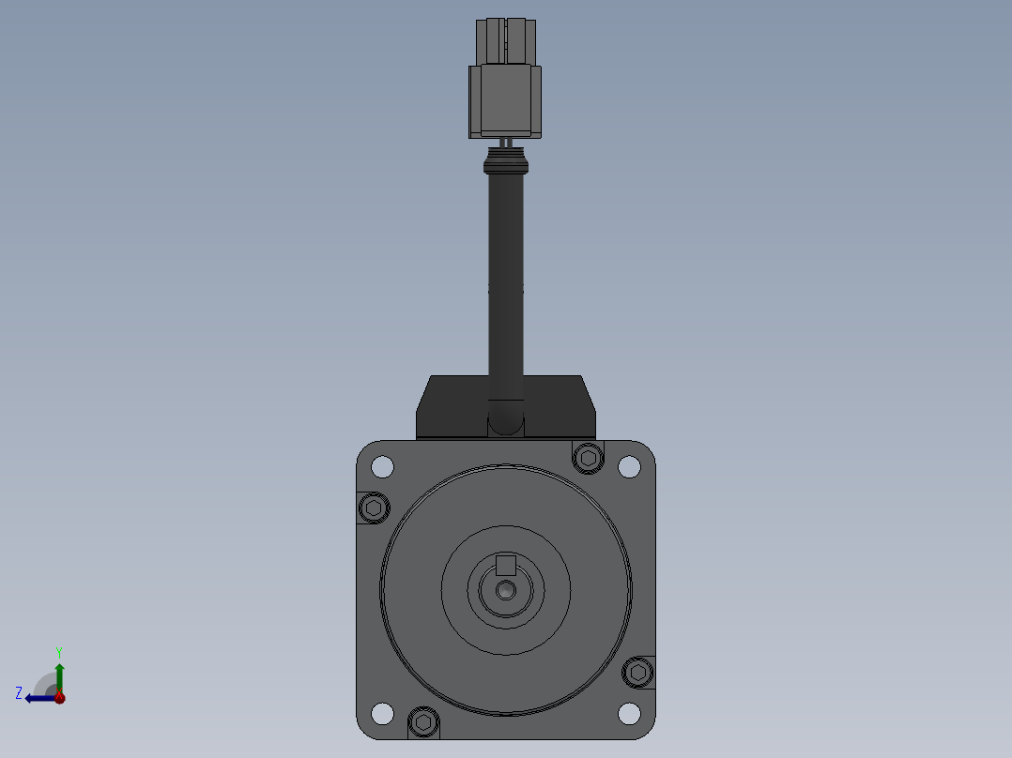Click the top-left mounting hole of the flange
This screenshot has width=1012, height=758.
[x=382, y=466]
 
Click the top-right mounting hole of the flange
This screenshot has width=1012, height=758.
[x=629, y=466]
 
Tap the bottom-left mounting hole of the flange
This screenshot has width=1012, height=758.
[x=382, y=714]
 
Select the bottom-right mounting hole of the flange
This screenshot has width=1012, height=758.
[x=629, y=714]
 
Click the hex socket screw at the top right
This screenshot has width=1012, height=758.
[x=588, y=458]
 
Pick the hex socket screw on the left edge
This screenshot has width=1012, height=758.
[x=374, y=508]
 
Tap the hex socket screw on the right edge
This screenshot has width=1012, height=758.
[x=638, y=673]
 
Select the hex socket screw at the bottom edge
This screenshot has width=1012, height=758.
[x=423, y=721]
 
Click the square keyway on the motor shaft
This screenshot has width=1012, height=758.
[x=505, y=565]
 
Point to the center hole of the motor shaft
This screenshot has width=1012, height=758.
[x=506, y=590]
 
